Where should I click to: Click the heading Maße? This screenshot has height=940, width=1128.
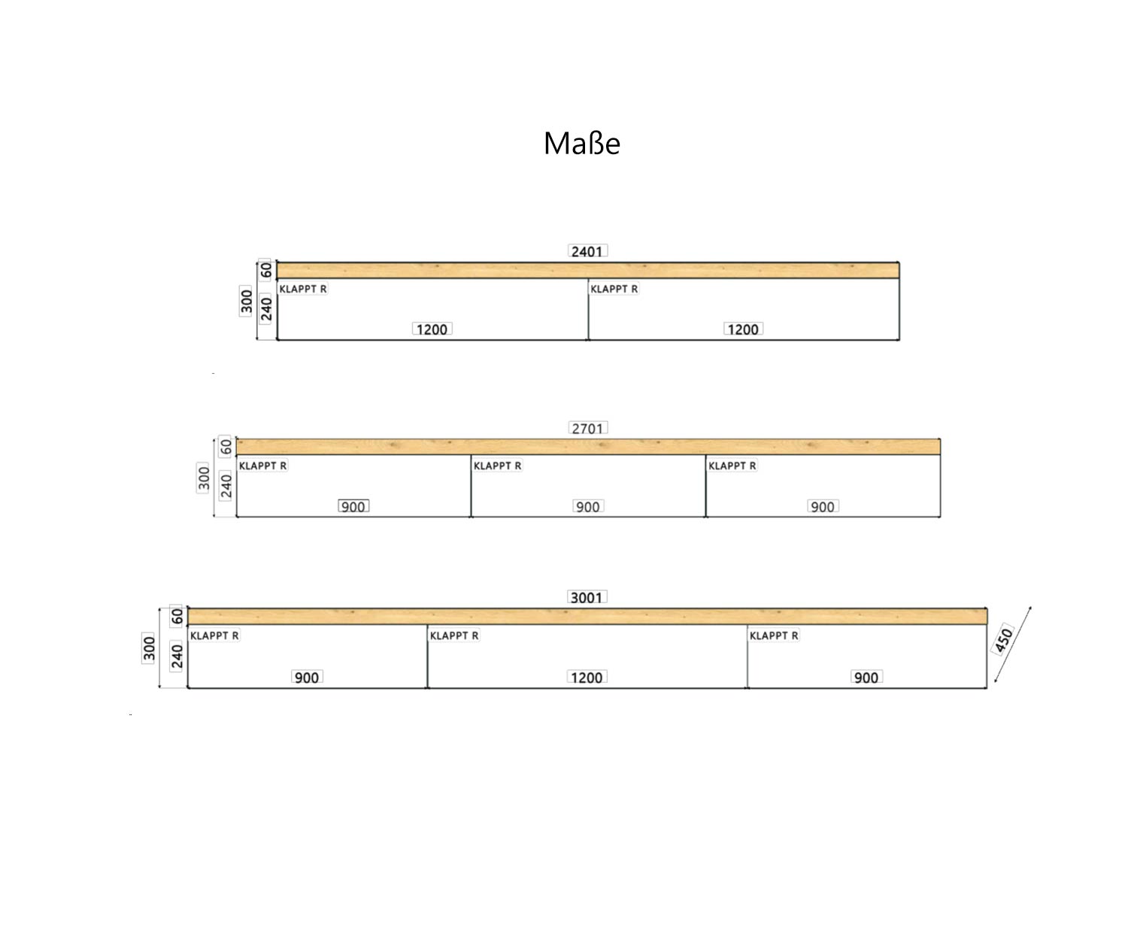tap(582, 144)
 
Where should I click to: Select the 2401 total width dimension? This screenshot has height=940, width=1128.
tap(587, 251)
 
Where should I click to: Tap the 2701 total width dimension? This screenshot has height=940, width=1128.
tap(588, 429)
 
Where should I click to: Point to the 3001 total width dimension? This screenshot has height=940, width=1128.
tap(587, 598)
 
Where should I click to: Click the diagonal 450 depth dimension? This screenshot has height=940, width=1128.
tap(1003, 640)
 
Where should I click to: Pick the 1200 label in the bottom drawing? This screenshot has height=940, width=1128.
tap(587, 677)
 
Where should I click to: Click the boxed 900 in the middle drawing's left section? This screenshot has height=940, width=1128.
tap(353, 506)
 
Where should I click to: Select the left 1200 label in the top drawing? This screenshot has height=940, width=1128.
tap(432, 329)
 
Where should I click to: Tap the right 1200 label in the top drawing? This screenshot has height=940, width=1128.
tap(744, 329)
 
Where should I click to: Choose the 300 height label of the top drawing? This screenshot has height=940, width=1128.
tap(247, 302)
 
